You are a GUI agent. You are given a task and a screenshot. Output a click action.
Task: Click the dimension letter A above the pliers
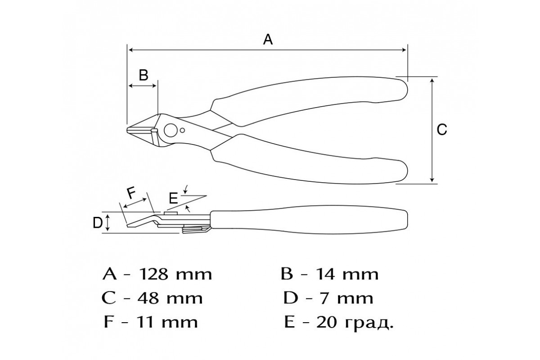click(x=268, y=40)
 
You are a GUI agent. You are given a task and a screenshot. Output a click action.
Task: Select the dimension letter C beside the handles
click(x=442, y=130)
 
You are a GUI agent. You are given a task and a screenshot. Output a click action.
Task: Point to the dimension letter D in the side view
click(x=98, y=223)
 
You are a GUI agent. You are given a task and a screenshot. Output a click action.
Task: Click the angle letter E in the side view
click(x=173, y=198)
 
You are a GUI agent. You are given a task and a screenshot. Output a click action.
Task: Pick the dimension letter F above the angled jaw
click(x=131, y=193)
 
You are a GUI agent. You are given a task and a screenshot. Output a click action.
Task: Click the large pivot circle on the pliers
click(x=171, y=130)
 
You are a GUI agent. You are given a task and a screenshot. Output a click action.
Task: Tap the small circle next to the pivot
click(x=183, y=130)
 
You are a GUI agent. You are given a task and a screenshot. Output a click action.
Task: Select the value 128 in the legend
click(x=154, y=274)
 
